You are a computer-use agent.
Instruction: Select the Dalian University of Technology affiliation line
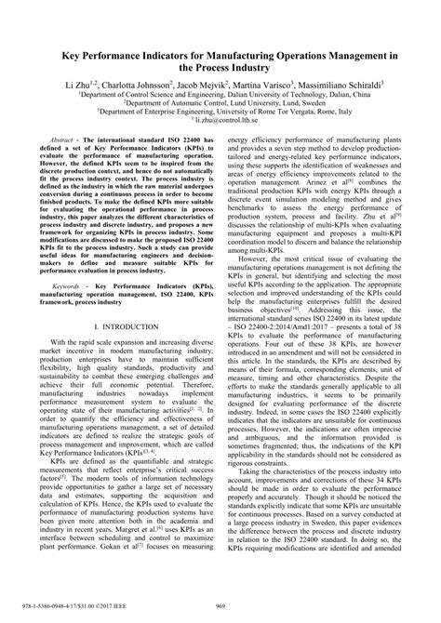point(220,94)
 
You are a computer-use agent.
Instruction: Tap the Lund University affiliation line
point(220,102)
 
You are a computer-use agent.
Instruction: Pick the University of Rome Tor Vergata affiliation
point(220,112)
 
